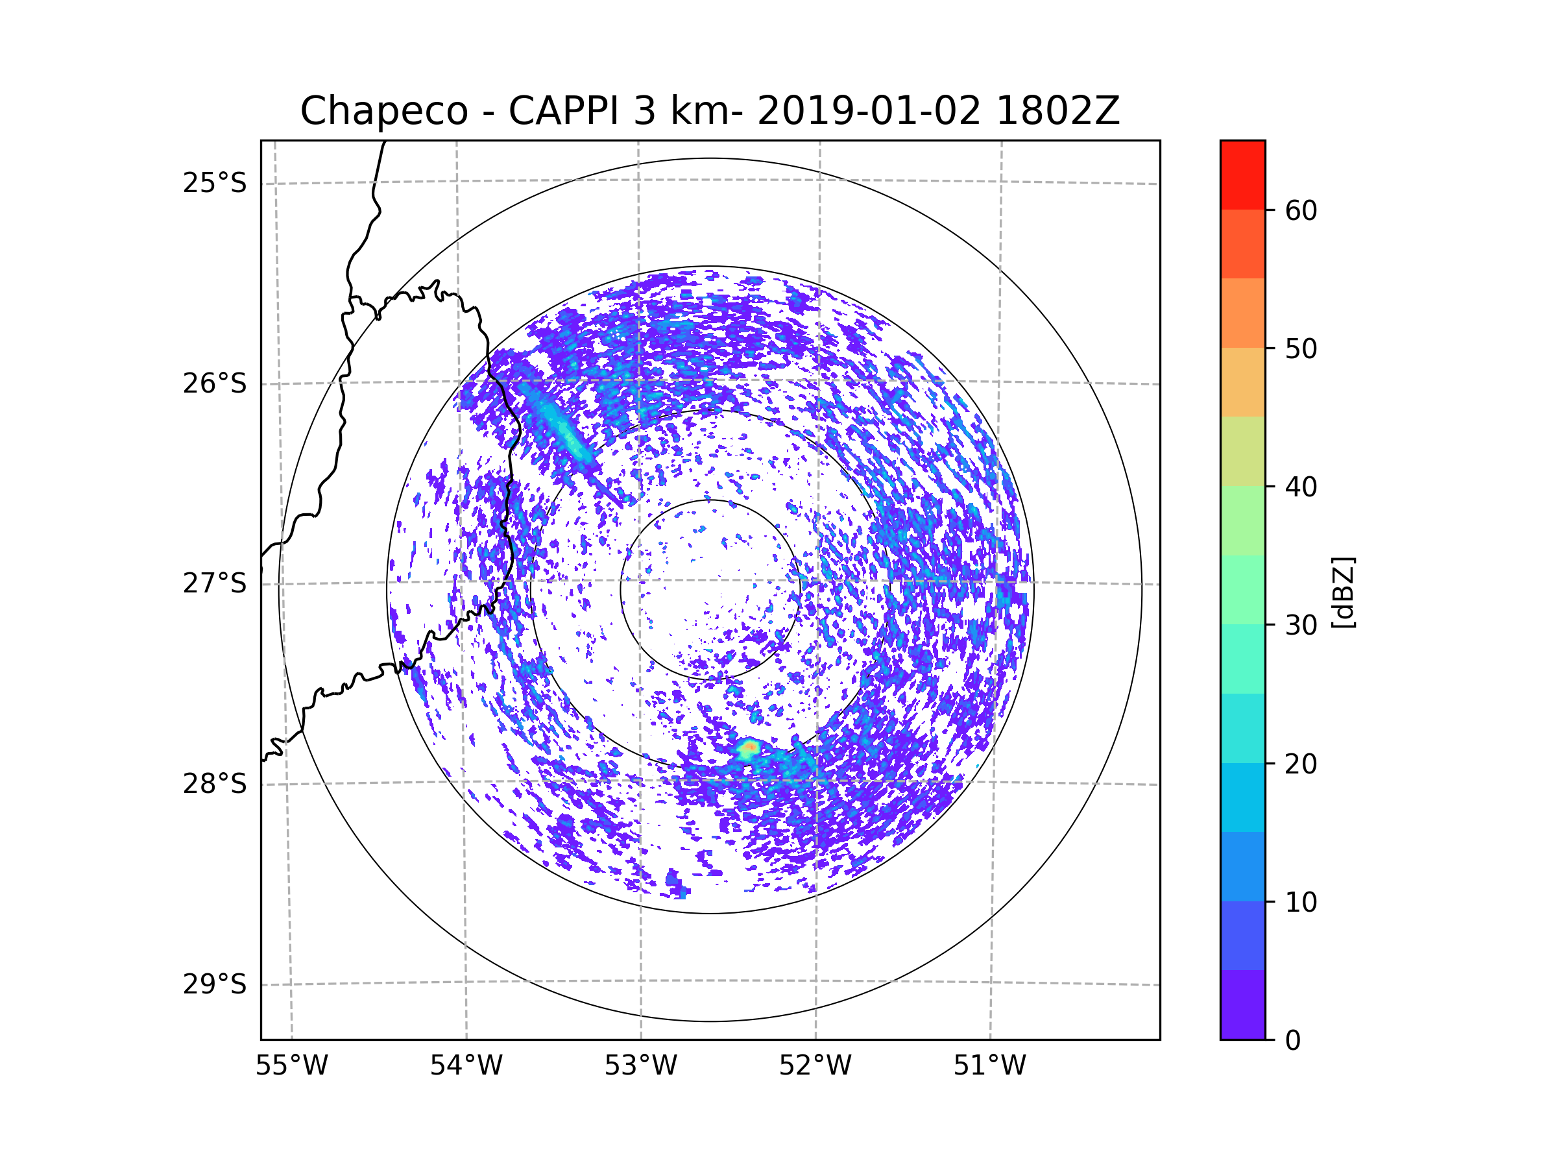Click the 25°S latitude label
[215, 183]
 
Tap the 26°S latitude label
[215, 383]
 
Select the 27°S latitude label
[215, 583]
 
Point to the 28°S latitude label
[215, 784]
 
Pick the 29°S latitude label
[215, 984]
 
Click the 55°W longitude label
[291, 1066]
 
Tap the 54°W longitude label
[466, 1066]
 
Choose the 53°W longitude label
[640, 1066]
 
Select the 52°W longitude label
[815, 1066]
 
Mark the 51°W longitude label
[989, 1066]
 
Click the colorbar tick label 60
[1301, 210]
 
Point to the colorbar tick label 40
[1301, 487]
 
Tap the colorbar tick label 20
[1301, 764]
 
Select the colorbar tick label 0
[1293, 1041]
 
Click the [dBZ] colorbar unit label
[1343, 592]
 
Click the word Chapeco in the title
[384, 111]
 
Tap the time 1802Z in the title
[1058, 110]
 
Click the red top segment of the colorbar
[1242, 175]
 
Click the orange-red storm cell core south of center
[751, 746]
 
